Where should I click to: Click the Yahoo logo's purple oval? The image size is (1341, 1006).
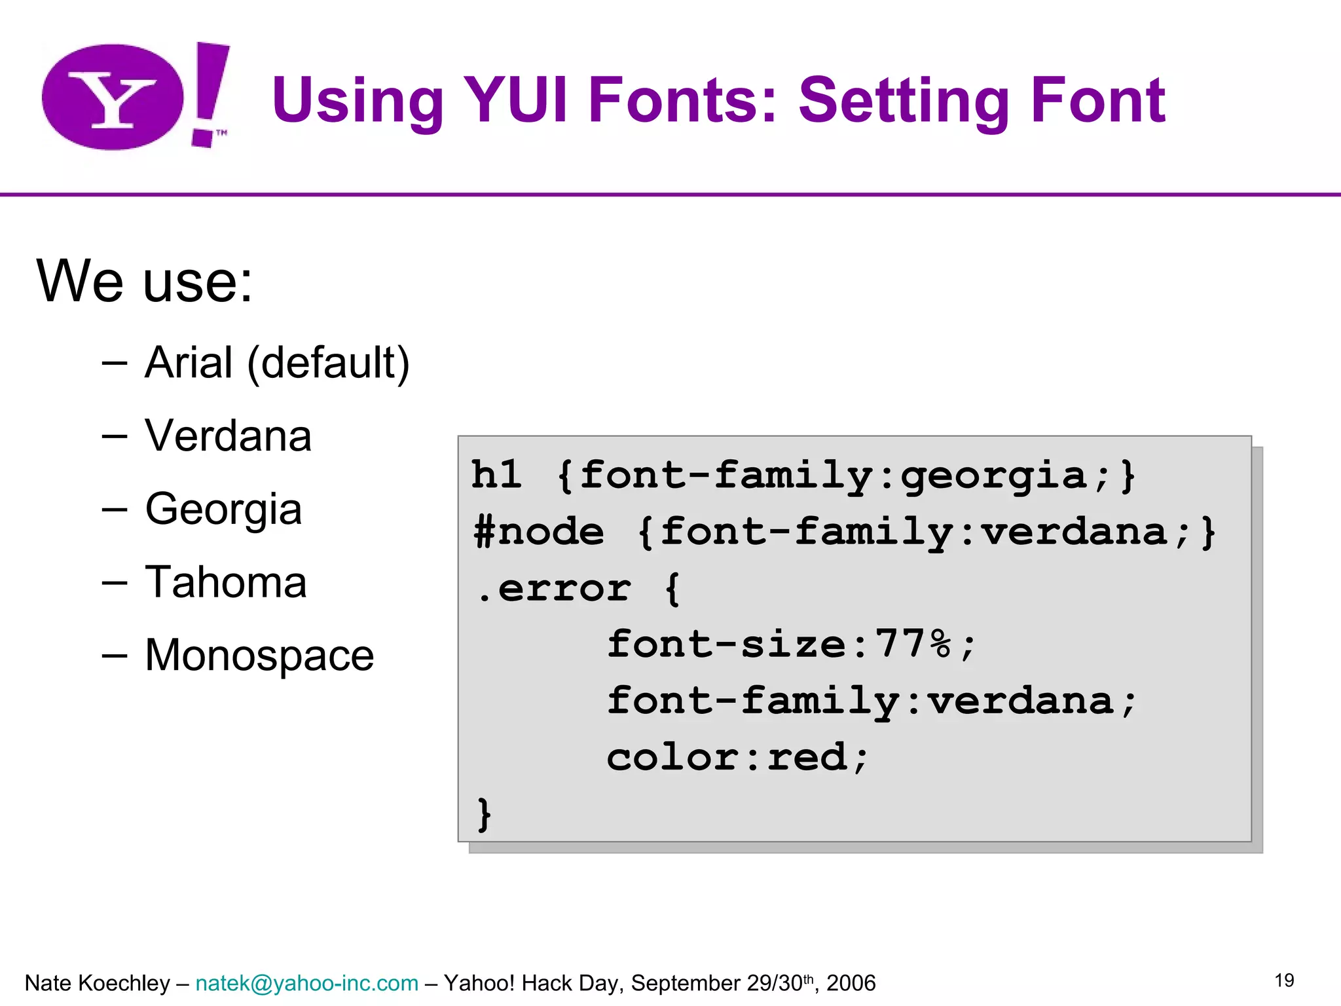pyautogui.click(x=113, y=97)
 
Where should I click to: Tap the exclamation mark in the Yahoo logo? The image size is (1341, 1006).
pyautogui.click(x=210, y=92)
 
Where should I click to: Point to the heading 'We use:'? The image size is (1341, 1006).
pyautogui.click(x=144, y=282)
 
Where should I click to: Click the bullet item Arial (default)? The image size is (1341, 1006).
pyautogui.click(x=276, y=363)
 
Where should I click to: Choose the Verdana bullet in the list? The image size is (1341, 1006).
pyautogui.click(x=228, y=436)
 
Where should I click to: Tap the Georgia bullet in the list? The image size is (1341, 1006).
pyautogui.click(x=223, y=510)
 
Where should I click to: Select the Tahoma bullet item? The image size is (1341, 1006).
pyautogui.click(x=225, y=582)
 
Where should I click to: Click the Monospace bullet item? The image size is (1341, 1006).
pyautogui.click(x=259, y=655)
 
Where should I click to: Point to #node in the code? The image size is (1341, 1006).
pyautogui.click(x=538, y=531)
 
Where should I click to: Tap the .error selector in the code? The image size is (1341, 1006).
pyautogui.click(x=554, y=588)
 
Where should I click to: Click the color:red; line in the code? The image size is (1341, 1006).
pyautogui.click(x=737, y=758)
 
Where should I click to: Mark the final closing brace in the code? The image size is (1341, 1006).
pyautogui.click(x=484, y=814)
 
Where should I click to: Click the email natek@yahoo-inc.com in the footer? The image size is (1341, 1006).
pyautogui.click(x=306, y=983)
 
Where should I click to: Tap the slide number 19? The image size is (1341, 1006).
pyautogui.click(x=1284, y=980)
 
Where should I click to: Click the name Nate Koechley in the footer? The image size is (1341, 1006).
pyautogui.click(x=97, y=983)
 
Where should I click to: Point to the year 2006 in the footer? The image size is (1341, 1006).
pyautogui.click(x=851, y=983)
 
